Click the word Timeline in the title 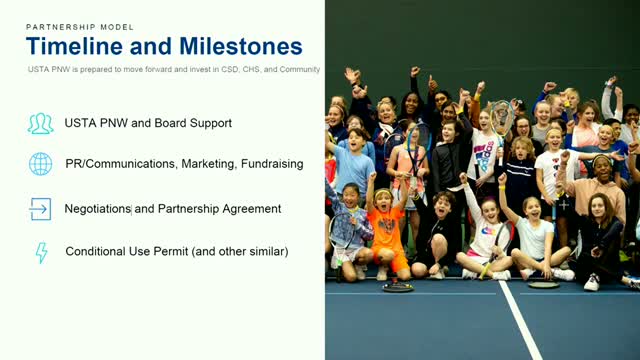coord(74,46)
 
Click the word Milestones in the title coord(241,46)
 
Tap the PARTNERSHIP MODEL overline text coord(80,27)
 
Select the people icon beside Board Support coord(40,124)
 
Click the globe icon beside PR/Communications coord(40,164)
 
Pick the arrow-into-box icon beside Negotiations coord(40,209)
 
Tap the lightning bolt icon coord(42,252)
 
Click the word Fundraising coord(272,164)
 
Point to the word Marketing coord(208,164)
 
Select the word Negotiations coord(98,209)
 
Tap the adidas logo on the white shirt coord(485,151)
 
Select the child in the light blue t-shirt coord(352,163)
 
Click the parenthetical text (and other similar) coord(240,251)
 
